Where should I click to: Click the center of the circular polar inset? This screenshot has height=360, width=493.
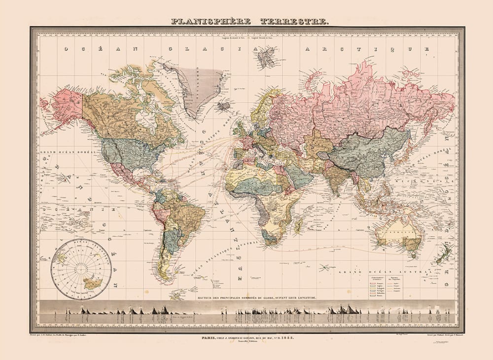click(x=81, y=269)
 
